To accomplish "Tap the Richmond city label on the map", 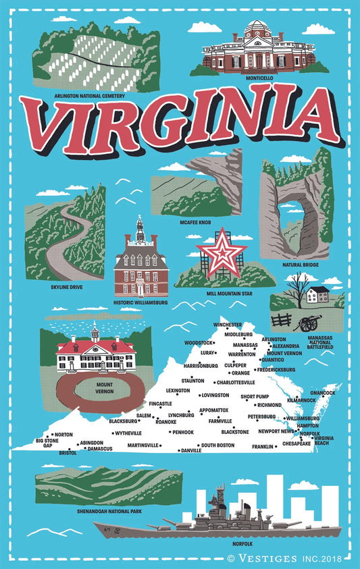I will coord(269,405).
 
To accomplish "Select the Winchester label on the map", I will coord(227,325).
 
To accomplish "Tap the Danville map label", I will coord(191,450).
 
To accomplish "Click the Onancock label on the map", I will coord(322,393).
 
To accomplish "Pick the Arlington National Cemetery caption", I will coord(89,96).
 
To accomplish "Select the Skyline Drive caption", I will coord(67,288).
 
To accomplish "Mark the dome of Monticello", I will coord(255,28).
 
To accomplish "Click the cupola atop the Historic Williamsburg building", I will coord(140,230).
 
